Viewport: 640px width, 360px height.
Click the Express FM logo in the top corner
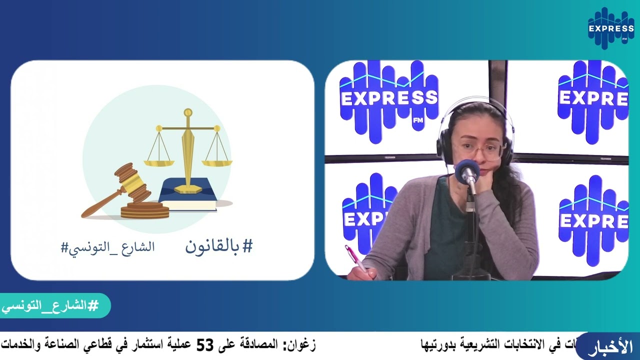pos(610,28)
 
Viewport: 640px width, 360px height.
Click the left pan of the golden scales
pos(159,162)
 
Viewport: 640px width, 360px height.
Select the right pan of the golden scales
pos(217,162)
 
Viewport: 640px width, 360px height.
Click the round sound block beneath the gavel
pos(145,210)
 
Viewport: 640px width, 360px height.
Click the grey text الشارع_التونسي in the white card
pos(107,247)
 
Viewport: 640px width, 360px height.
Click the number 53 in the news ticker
pos(204,345)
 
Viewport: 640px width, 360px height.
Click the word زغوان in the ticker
pos(299,345)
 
